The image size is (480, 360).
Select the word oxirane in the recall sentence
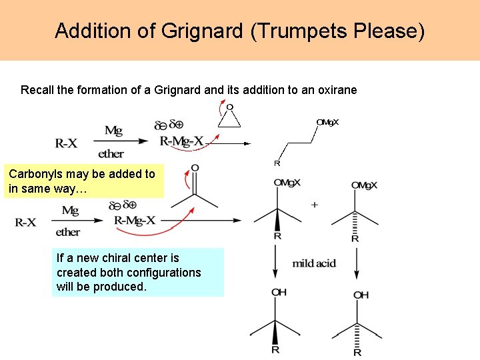pyautogui.click(x=337, y=89)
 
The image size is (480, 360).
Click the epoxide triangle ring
pyautogui.click(x=229, y=118)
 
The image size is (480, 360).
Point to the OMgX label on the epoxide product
pyautogui.click(x=327, y=122)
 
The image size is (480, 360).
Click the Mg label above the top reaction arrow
pyautogui.click(x=113, y=131)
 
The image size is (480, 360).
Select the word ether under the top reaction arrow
pyautogui.click(x=111, y=154)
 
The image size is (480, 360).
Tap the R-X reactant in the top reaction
pyautogui.click(x=66, y=143)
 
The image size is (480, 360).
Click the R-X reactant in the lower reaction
pyautogui.click(x=26, y=222)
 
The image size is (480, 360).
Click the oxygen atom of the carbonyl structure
pyautogui.click(x=195, y=167)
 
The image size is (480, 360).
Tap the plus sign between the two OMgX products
pyautogui.click(x=315, y=205)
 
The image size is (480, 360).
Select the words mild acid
pyautogui.click(x=314, y=263)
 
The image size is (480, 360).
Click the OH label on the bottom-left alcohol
pyautogui.click(x=279, y=293)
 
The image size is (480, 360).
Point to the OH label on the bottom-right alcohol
pyautogui.click(x=361, y=295)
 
